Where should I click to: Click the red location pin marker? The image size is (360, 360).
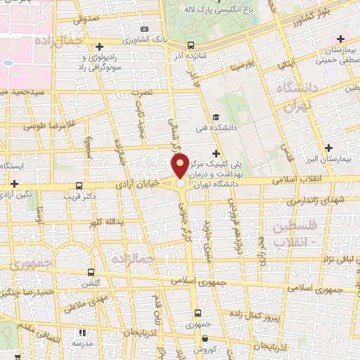point(181,166)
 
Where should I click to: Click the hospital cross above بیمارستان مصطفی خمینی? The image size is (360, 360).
point(341,39)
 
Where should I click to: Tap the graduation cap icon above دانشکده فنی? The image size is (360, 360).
point(217,117)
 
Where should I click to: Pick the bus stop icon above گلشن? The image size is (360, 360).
point(90,271)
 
